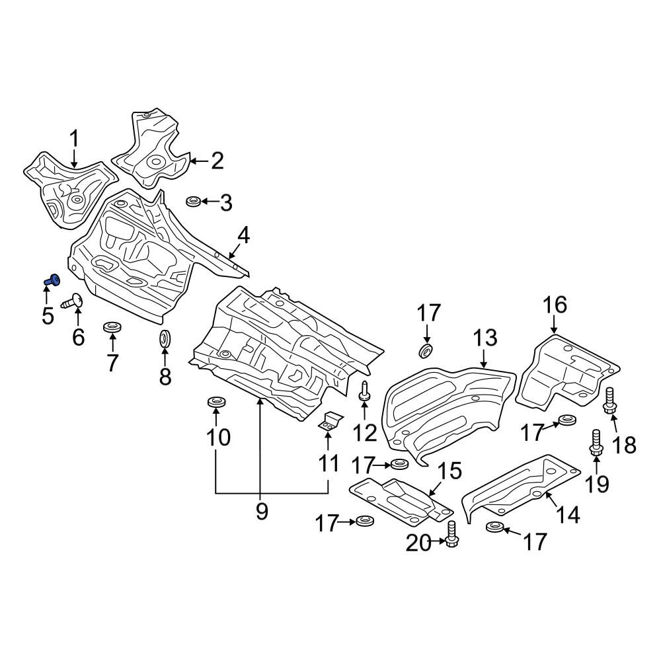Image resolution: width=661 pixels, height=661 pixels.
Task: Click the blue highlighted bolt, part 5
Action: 52,279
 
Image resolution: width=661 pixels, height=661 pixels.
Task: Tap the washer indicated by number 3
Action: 194,201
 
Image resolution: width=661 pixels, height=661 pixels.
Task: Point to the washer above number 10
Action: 216,402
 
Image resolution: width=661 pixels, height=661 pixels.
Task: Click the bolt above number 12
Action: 364,390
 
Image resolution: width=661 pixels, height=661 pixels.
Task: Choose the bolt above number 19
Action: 596,442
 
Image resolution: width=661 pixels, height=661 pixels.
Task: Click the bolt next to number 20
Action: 451,534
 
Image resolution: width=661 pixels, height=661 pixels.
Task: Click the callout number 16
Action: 555,305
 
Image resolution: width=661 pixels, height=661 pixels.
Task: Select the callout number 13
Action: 485,338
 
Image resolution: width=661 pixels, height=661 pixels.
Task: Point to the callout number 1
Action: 74,138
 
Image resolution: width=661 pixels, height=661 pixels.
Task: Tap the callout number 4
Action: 244,236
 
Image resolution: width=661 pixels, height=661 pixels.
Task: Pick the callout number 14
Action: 568,514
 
